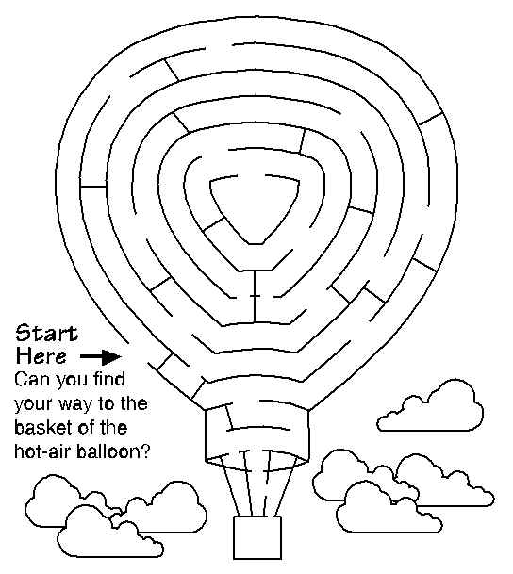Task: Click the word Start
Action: click(x=46, y=333)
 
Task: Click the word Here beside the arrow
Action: click(x=41, y=356)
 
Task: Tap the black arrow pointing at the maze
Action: click(x=101, y=357)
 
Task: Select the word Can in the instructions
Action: click(x=29, y=380)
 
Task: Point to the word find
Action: click(x=108, y=379)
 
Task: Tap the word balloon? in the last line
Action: click(x=113, y=451)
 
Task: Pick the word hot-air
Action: click(x=42, y=451)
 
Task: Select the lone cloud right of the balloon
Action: click(x=430, y=406)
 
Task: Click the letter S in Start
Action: click(x=24, y=333)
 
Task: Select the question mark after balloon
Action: click(x=146, y=451)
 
